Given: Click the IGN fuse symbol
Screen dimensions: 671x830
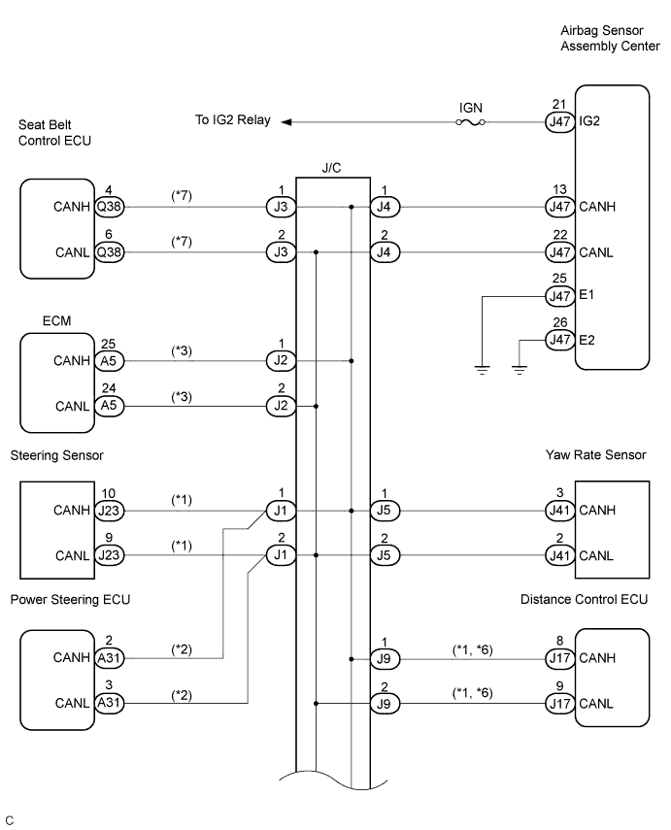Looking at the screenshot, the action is [470, 122].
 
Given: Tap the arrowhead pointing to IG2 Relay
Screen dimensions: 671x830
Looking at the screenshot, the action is [286, 122].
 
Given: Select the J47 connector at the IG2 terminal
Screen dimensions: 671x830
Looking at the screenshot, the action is [559, 121].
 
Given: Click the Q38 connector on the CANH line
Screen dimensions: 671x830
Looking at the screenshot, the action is [109, 207].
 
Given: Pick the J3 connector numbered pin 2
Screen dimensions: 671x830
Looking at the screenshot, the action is [281, 252].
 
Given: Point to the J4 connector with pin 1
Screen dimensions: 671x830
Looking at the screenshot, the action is [385, 207].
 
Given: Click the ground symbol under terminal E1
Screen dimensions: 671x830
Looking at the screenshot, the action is [482, 370].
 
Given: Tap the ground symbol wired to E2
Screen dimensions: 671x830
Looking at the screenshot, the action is [520, 370].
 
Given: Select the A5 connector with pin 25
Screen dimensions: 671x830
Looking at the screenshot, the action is [109, 361].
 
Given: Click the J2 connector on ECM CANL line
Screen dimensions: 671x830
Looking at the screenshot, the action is [281, 406].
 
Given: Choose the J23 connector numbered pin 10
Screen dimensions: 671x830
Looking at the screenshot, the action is [109, 511].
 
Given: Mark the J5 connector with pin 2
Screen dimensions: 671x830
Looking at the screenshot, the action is [385, 555].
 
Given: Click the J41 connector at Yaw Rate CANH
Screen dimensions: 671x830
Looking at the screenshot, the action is [559, 511].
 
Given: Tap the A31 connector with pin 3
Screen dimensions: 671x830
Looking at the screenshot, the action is [109, 703].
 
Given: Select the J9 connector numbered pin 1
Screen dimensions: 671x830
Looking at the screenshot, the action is [385, 659].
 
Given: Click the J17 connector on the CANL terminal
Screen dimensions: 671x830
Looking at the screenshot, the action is [559, 704].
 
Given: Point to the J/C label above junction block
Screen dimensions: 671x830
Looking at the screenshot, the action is [331, 168].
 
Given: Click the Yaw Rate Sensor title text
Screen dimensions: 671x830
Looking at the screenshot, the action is [596, 455].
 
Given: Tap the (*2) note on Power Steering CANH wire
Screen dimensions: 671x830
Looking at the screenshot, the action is [182, 649].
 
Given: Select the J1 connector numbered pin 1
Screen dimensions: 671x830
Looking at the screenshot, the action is [281, 511].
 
